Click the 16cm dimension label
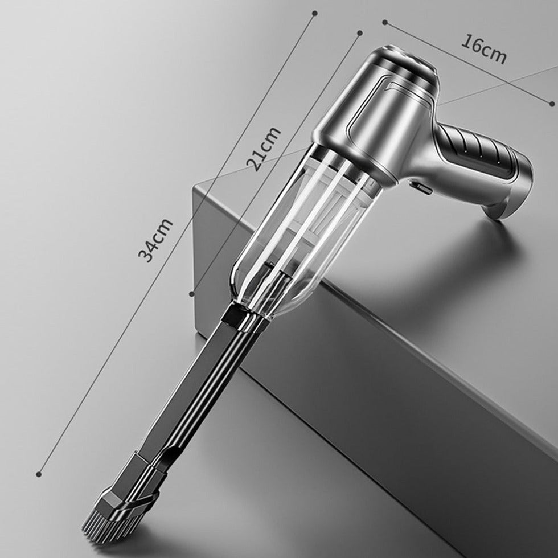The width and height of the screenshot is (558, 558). (x=483, y=50)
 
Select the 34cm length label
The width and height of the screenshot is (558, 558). (x=155, y=240)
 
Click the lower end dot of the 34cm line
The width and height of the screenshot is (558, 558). (x=39, y=473)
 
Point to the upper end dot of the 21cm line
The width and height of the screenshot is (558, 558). (x=359, y=33)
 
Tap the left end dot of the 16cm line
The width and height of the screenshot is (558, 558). (x=385, y=22)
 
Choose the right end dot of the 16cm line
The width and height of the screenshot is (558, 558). (x=552, y=103)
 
